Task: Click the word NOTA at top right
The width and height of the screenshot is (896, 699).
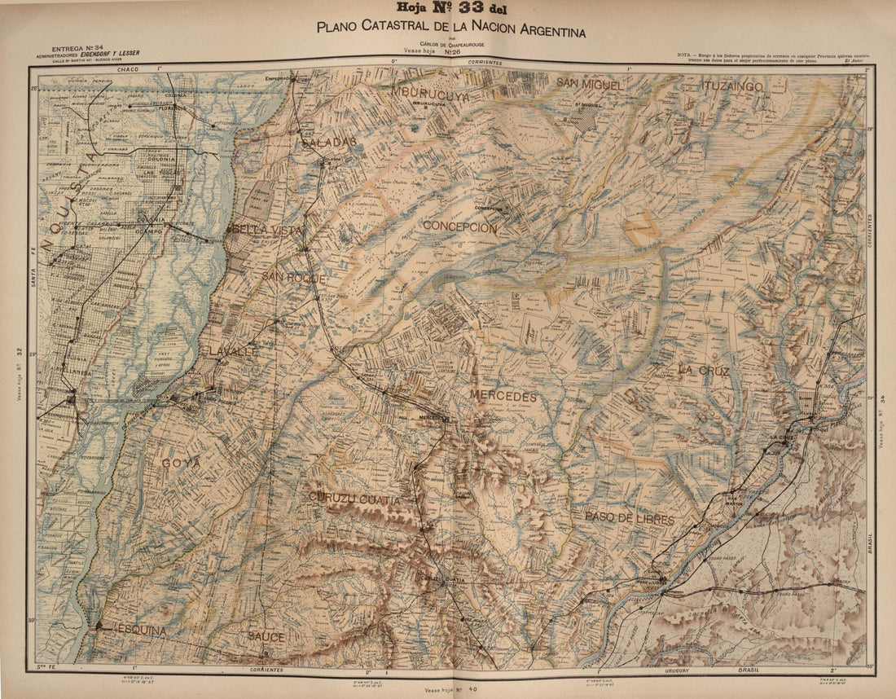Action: click(687, 55)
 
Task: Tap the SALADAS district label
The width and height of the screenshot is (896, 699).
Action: click(328, 142)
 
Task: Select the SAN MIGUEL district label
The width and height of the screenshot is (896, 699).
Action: click(591, 83)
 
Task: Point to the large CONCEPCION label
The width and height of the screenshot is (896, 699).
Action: click(459, 228)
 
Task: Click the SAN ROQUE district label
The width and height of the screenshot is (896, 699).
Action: click(294, 278)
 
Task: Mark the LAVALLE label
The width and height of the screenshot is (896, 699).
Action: click(231, 350)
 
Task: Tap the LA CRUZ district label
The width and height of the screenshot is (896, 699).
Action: click(704, 370)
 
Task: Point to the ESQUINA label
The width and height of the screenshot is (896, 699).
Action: click(140, 630)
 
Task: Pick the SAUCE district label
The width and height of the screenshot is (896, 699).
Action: click(266, 636)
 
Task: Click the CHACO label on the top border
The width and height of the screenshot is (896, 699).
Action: click(129, 71)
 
